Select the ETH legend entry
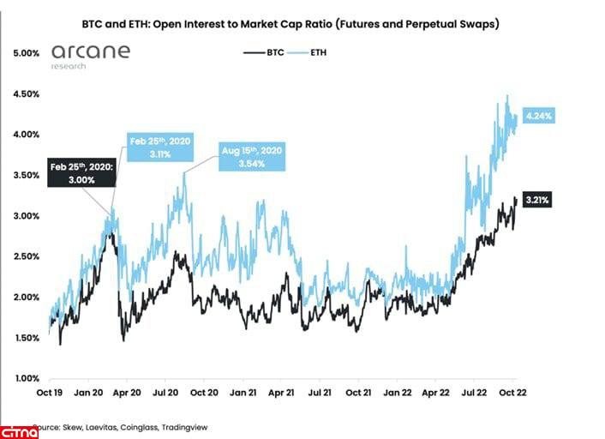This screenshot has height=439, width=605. pos(311,52)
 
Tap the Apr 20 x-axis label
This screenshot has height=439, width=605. pos(128,394)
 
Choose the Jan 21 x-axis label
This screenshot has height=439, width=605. pos(243,394)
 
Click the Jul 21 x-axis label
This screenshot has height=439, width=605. pos(320,394)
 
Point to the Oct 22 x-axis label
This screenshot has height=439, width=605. pos(512,394)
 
